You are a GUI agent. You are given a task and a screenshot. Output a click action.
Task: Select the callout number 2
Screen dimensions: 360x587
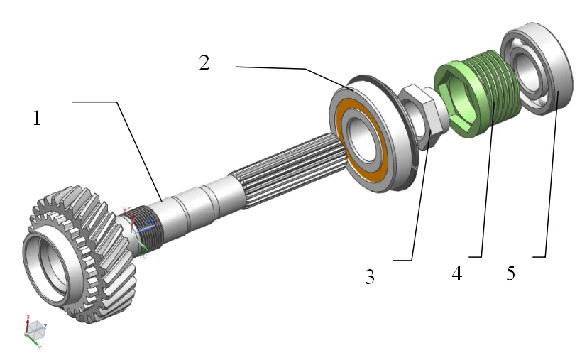tap(204, 62)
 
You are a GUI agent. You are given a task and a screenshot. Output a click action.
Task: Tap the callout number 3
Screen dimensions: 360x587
tap(369, 276)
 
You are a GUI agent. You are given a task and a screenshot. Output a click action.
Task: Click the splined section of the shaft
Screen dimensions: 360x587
tap(284, 171)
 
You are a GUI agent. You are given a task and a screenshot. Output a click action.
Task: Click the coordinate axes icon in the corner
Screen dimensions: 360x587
tap(34, 329)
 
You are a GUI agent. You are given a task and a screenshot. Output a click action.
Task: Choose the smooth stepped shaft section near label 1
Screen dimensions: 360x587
tap(192, 202)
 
